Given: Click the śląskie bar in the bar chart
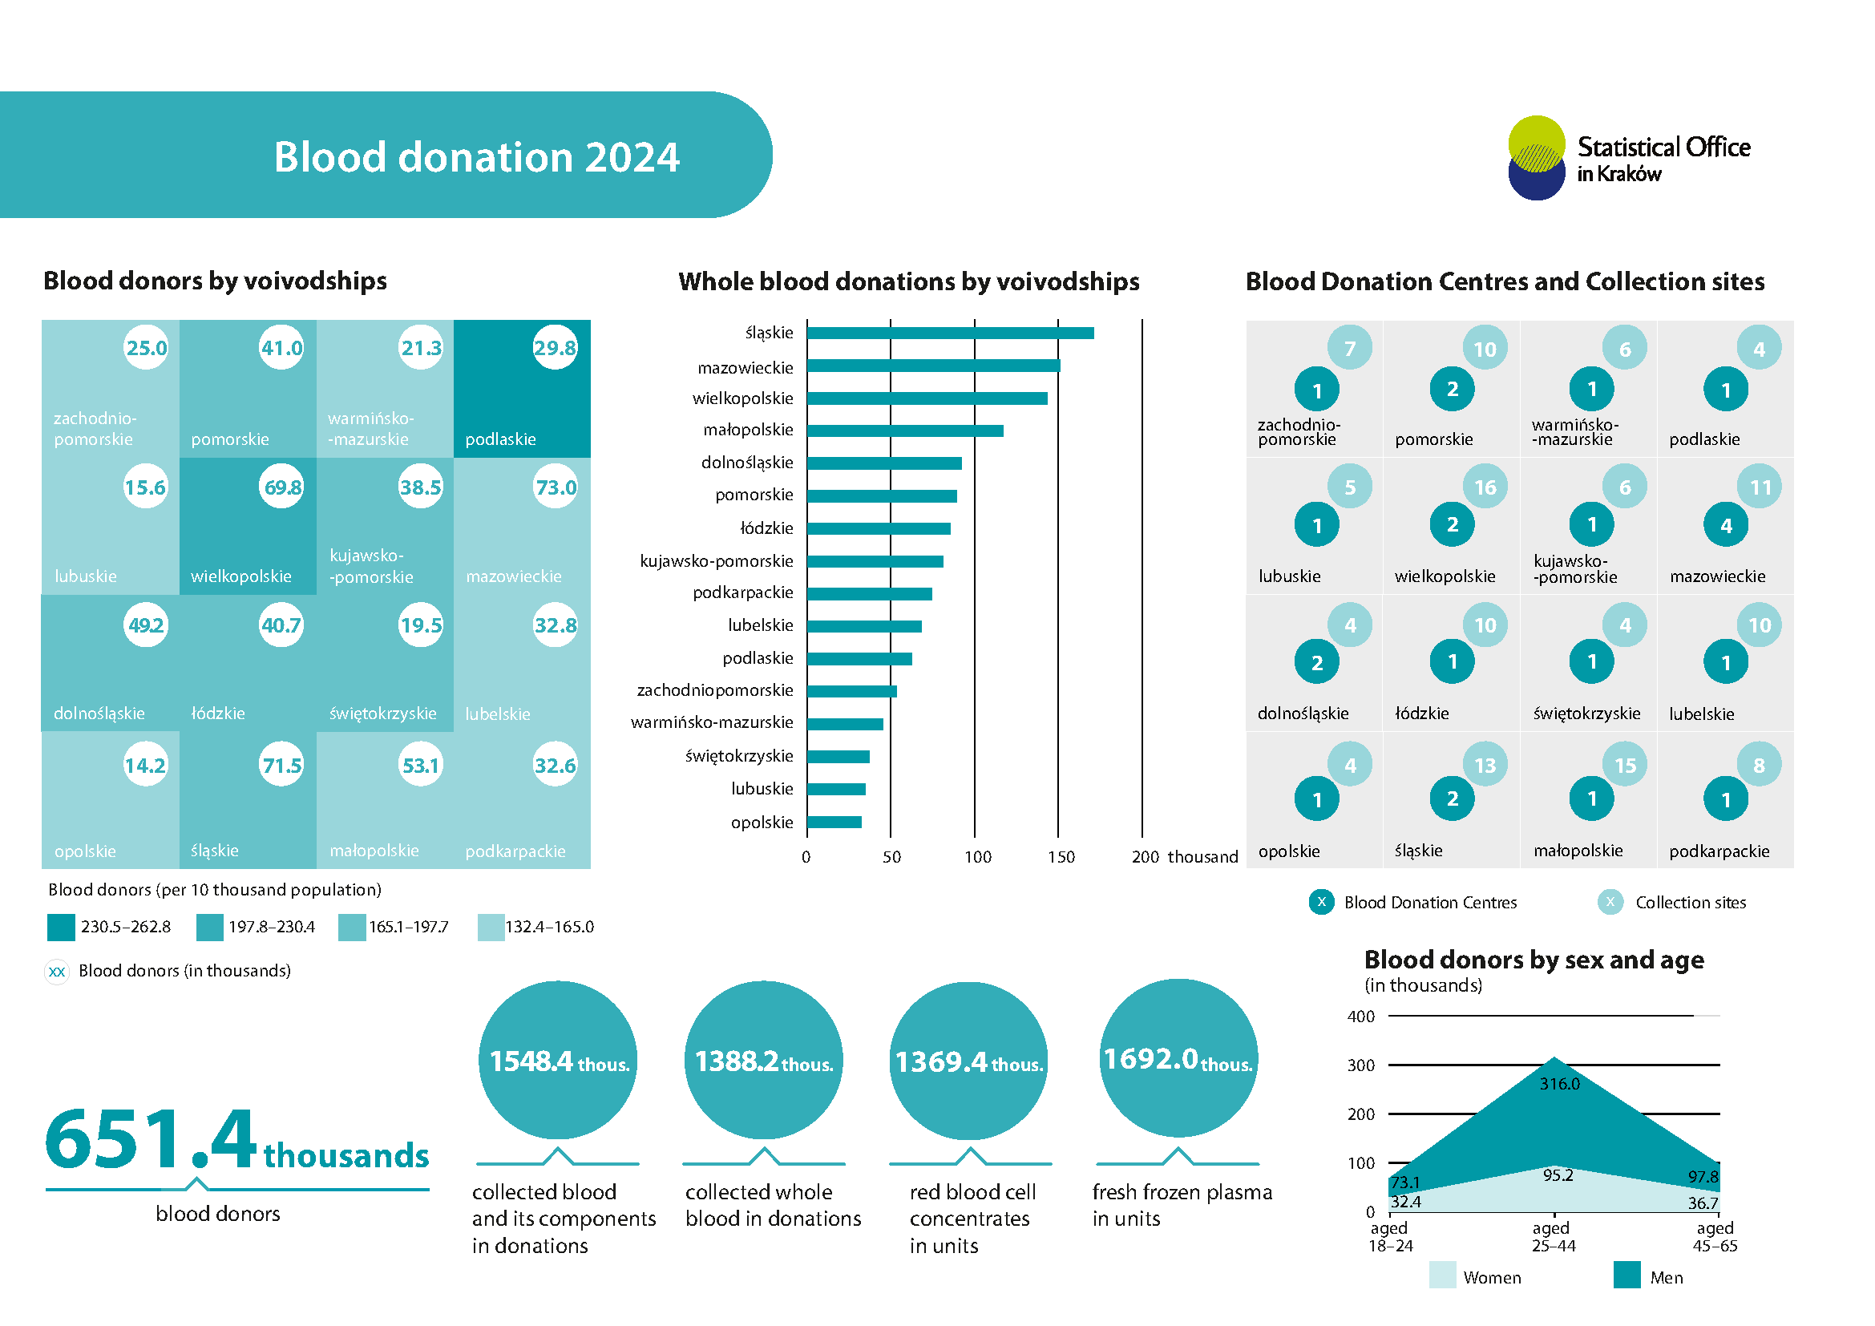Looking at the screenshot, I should coord(950,334).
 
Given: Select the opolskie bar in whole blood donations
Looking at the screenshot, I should coord(834,823).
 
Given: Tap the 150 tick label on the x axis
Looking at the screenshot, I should coord(1061,857).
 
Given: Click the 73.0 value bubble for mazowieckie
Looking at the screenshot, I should coord(556,487).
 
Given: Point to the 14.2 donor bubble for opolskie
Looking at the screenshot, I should coord(145,765).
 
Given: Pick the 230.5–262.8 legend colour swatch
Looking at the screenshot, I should coord(61,928).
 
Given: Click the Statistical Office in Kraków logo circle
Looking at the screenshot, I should coord(1536,158).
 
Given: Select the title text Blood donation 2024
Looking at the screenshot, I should coord(476,157).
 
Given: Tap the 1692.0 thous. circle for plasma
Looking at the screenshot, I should coord(1178,1059).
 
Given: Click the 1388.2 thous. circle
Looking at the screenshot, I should coord(764,1061).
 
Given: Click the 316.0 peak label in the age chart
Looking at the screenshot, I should coord(1559,1085).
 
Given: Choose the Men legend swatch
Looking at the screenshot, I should coord(1626,1275).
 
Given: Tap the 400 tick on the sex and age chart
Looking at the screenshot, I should coord(1360,1017).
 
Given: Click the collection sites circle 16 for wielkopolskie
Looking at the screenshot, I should coord(1485,487).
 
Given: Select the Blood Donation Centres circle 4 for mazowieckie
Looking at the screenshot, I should coord(1726,526).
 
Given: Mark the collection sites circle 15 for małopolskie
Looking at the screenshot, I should coord(1625,766).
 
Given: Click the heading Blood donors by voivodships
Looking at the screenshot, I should coord(215,281).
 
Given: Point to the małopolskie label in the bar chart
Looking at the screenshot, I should coord(748,431).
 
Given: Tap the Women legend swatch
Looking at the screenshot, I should coord(1442,1275).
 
